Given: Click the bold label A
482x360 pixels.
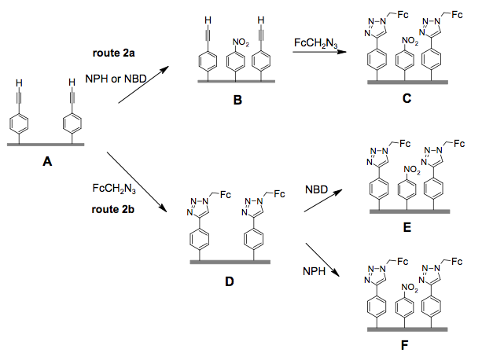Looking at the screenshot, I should click(x=48, y=162).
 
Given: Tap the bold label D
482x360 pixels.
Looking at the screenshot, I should click(x=229, y=279).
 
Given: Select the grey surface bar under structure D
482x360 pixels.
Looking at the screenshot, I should click(x=228, y=261).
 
